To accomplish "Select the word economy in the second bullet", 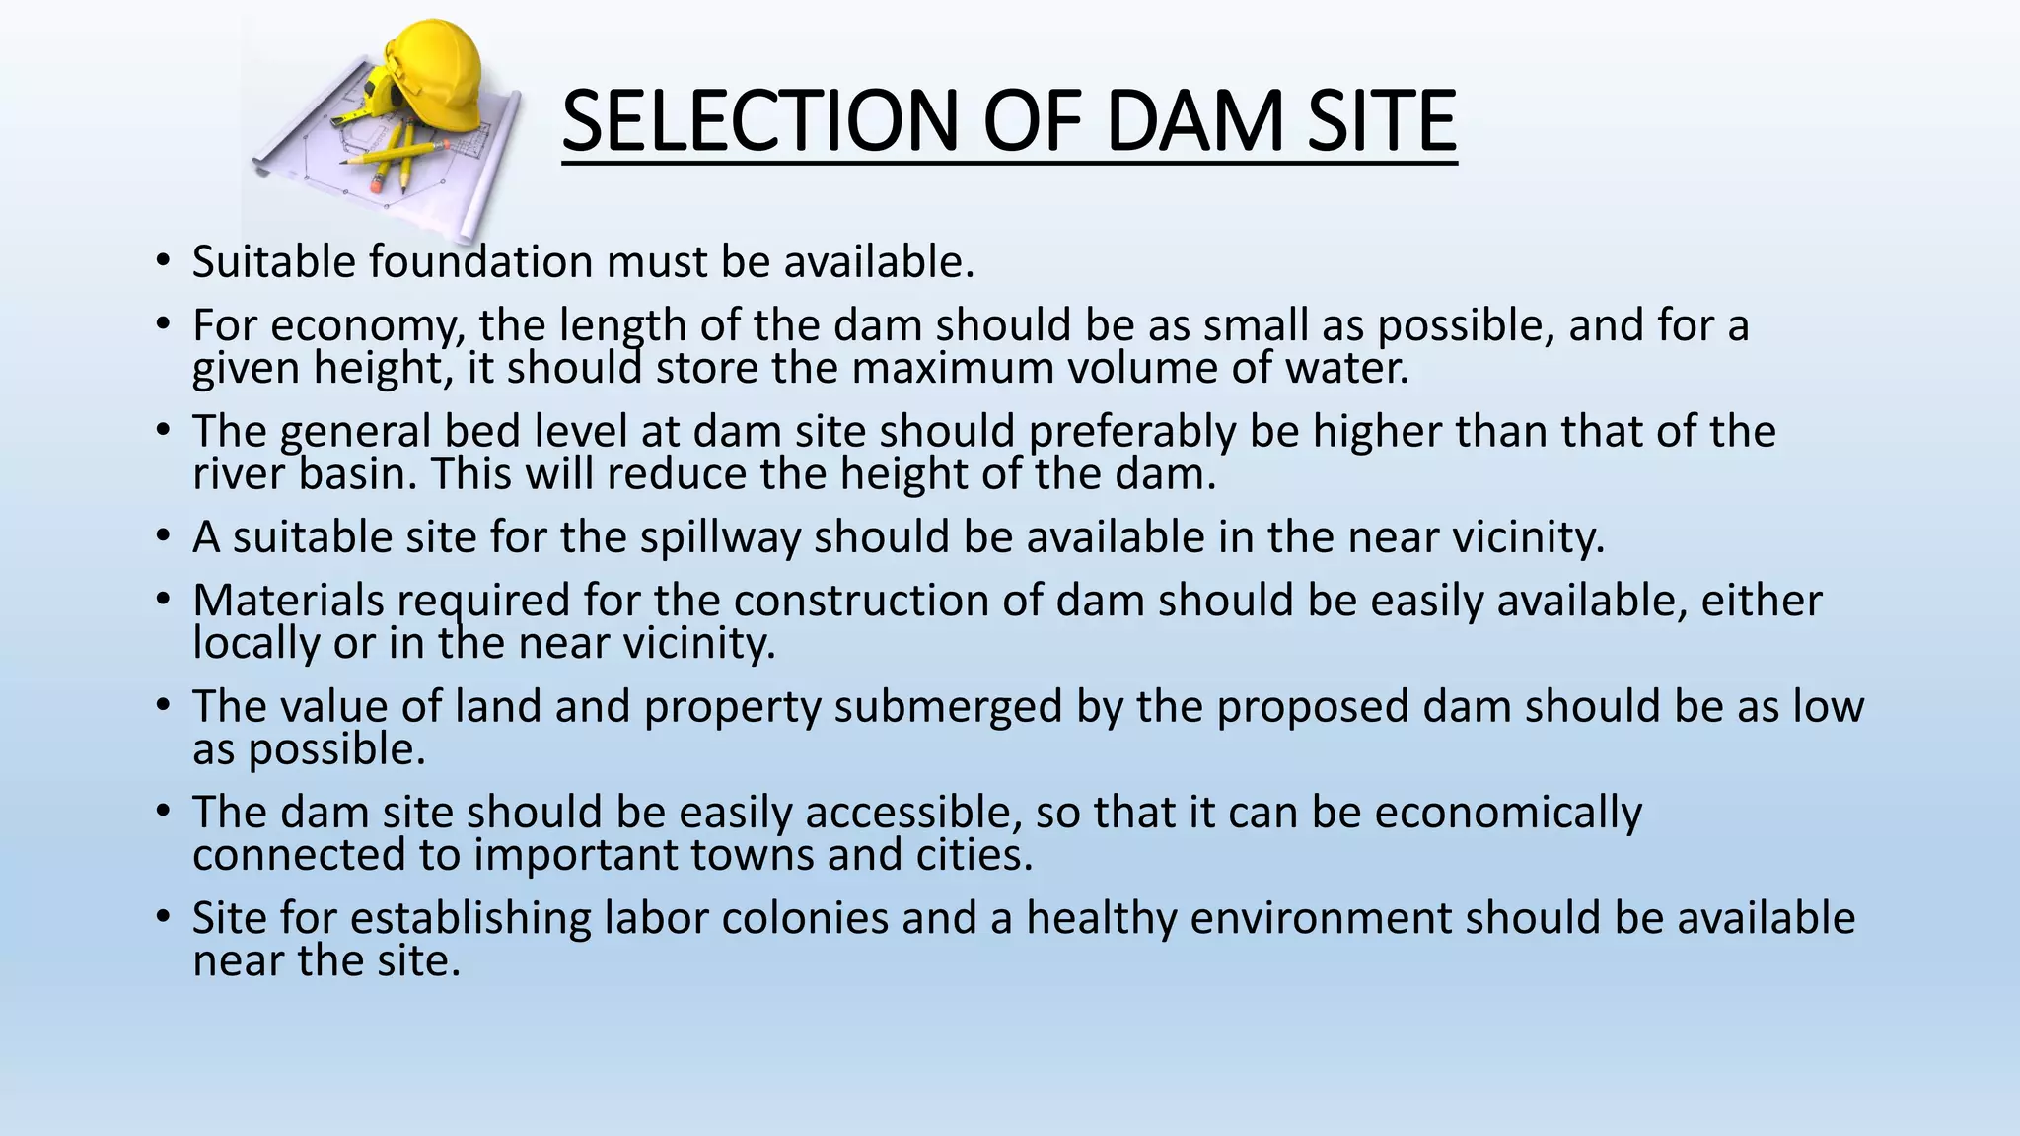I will [x=361, y=326].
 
